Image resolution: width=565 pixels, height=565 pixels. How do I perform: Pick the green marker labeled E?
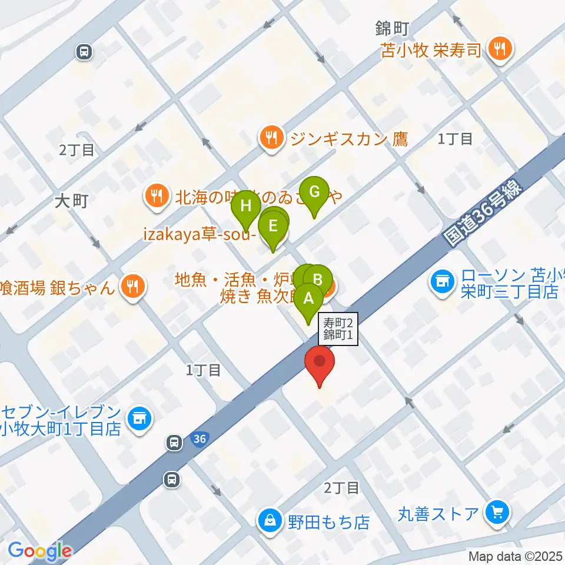click(x=272, y=227)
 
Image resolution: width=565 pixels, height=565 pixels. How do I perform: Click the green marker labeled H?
click(x=246, y=208)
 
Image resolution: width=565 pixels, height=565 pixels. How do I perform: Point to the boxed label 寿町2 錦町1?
click(x=338, y=329)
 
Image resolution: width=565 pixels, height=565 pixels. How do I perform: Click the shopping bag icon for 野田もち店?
click(x=270, y=521)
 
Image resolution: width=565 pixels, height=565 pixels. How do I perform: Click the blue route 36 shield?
click(x=200, y=439)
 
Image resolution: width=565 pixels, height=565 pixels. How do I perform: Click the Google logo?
click(x=39, y=551)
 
